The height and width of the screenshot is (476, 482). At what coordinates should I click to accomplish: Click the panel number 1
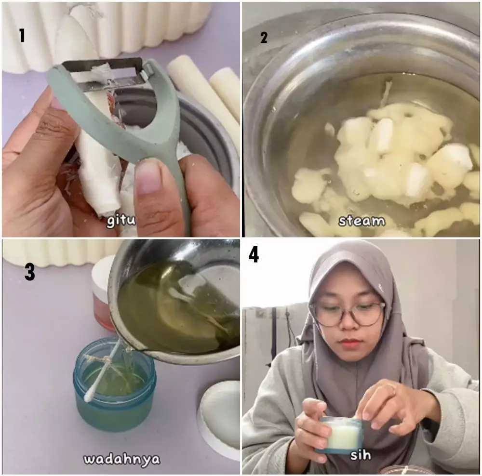point(22,35)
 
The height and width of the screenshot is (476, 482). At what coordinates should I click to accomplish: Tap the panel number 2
point(264,38)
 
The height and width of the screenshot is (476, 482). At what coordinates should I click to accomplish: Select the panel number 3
point(30,272)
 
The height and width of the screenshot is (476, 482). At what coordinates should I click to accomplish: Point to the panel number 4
point(254,255)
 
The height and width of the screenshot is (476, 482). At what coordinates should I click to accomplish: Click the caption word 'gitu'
point(121,221)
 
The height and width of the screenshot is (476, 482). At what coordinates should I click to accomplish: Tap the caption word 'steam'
point(362,221)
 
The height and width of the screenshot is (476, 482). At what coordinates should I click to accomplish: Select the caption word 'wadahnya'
point(122,459)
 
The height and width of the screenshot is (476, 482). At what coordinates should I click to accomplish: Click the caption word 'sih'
point(361,455)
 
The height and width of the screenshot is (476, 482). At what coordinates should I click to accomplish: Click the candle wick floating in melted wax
point(386,92)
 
